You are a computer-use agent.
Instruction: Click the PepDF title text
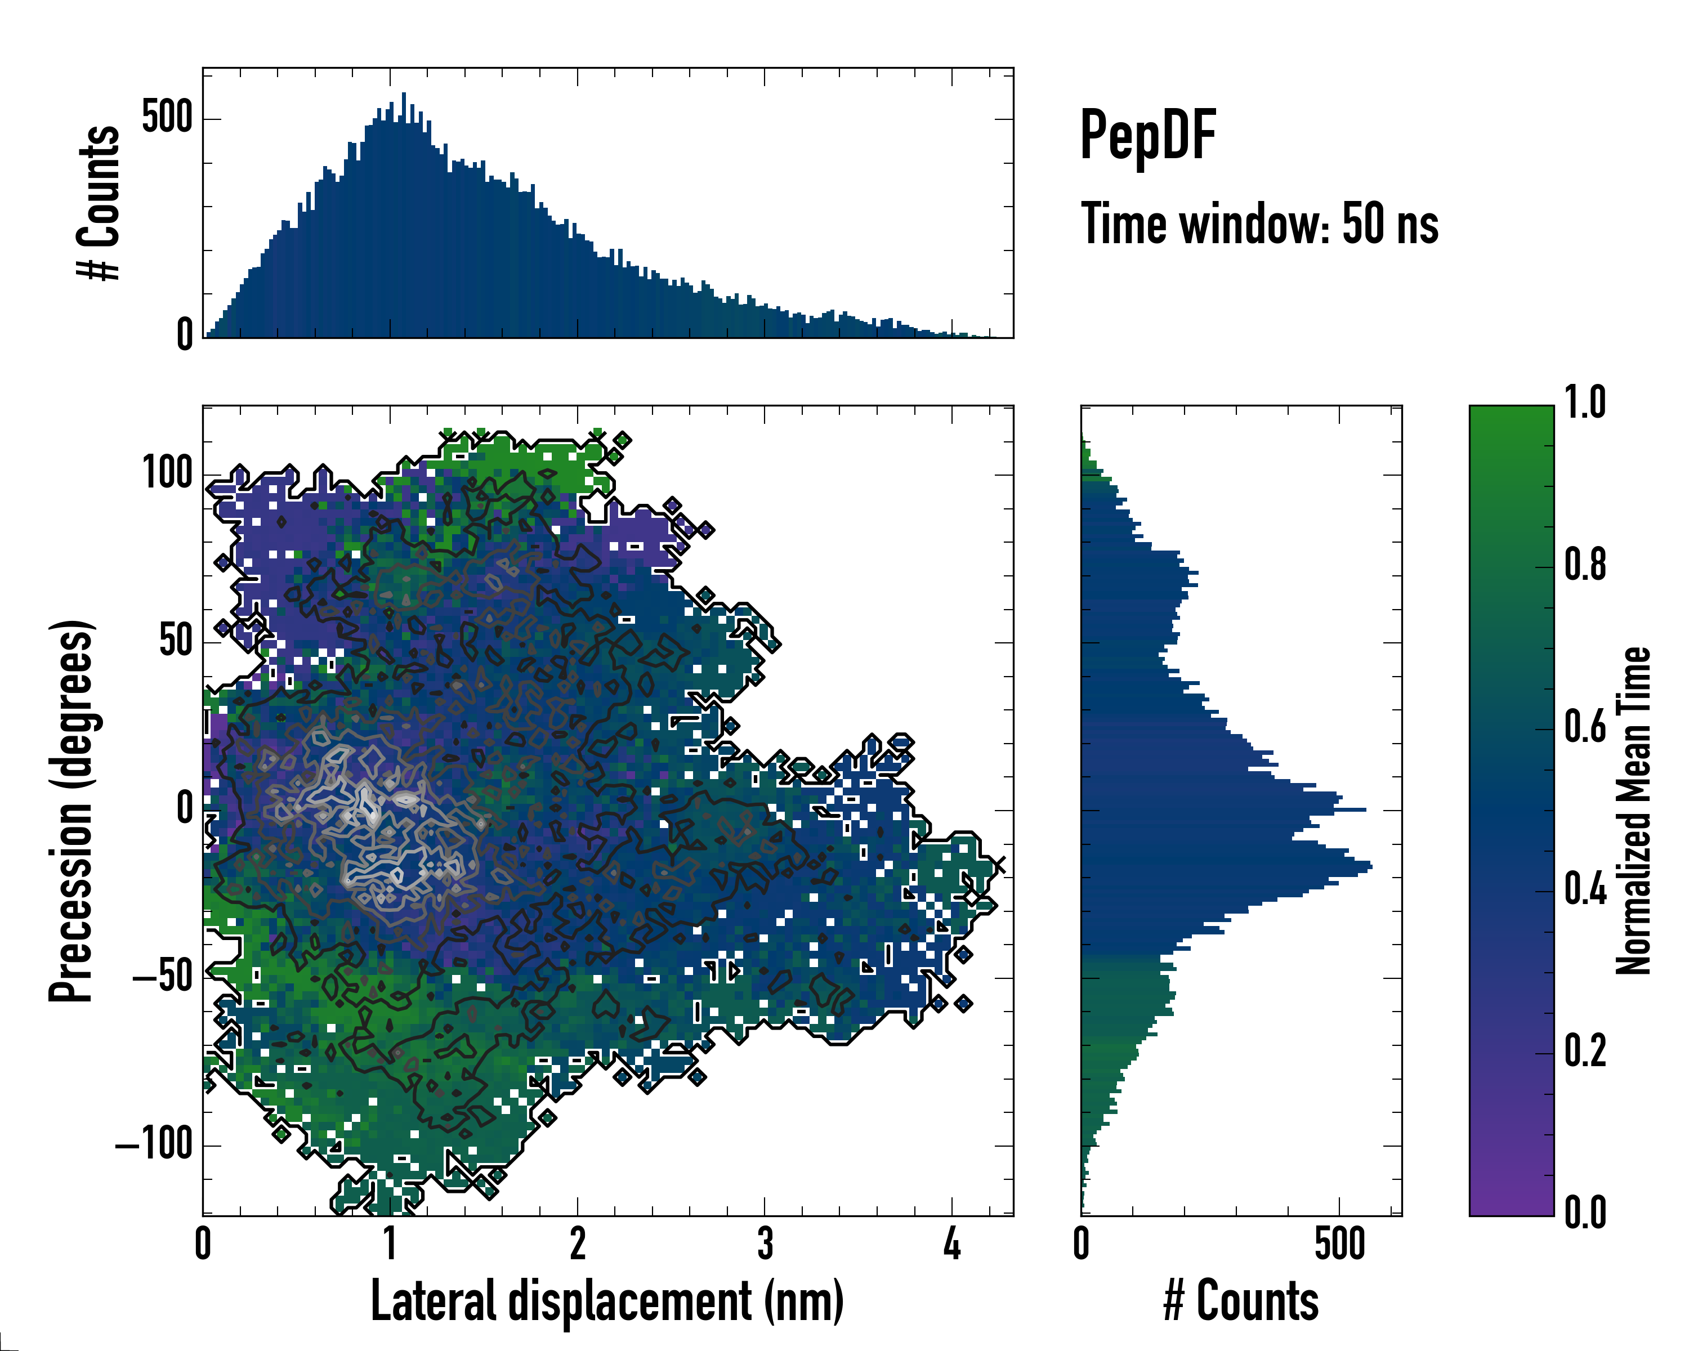1147,136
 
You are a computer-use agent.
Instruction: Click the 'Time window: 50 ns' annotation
1259,224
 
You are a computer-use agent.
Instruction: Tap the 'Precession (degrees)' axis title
72,810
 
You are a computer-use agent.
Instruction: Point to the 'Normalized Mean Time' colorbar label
1633,810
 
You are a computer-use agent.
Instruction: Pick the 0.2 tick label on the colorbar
1585,1051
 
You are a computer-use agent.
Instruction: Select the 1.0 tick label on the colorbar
1585,402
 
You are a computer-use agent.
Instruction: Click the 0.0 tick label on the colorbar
1585,1213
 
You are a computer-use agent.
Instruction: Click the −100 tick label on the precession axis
155,1144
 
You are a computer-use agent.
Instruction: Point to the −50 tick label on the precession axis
162,977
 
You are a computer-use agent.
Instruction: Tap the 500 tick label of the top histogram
167,118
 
